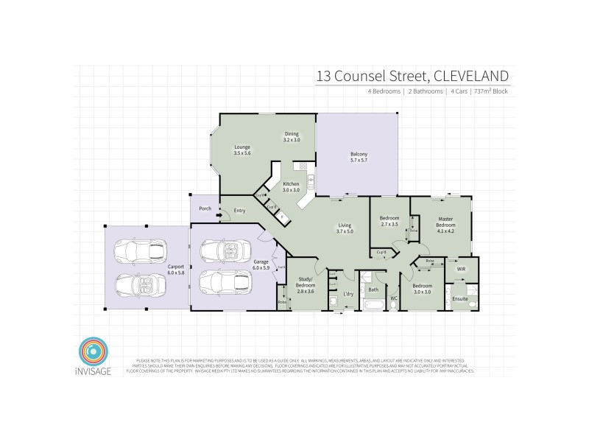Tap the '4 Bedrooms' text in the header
(384, 91)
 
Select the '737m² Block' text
(490, 91)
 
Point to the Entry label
(239, 211)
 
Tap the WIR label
(461, 270)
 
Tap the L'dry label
(350, 295)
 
